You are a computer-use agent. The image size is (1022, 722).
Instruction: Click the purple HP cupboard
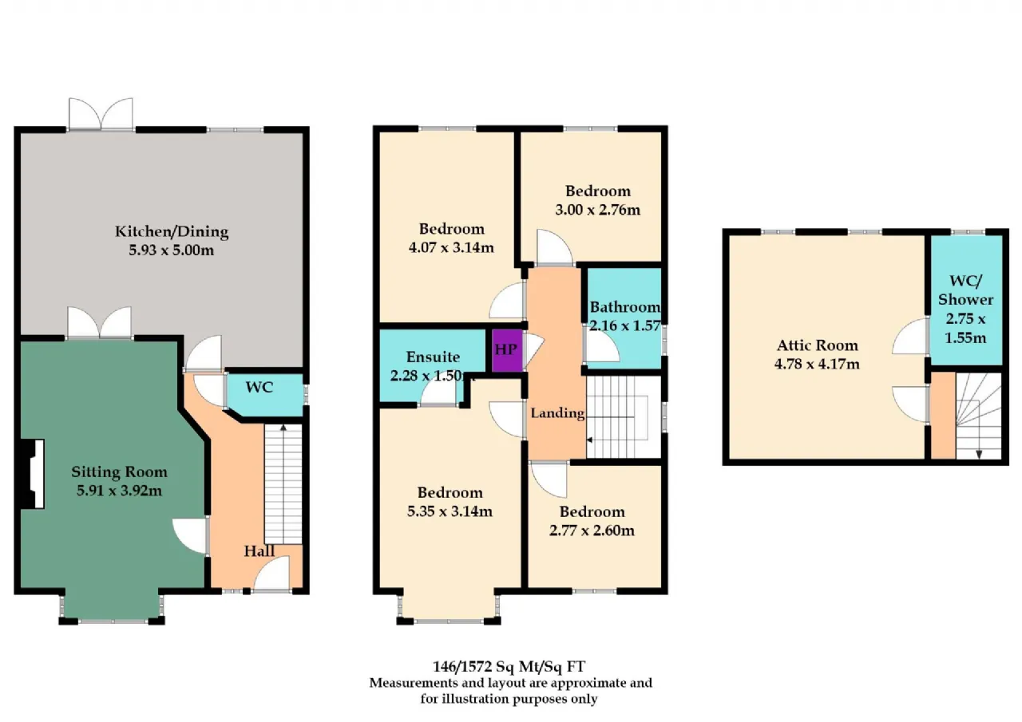click(x=507, y=350)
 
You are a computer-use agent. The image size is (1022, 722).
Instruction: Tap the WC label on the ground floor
click(x=259, y=388)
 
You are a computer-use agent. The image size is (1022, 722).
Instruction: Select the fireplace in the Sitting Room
click(x=32, y=474)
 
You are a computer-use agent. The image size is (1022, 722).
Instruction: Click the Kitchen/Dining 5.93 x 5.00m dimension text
click(x=171, y=251)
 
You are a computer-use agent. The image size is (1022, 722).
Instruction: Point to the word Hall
click(x=259, y=551)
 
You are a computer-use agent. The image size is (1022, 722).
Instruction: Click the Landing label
click(x=557, y=413)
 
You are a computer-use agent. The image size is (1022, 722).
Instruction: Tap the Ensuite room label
click(x=433, y=357)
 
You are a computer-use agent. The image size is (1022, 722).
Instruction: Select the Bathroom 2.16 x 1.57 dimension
click(x=625, y=326)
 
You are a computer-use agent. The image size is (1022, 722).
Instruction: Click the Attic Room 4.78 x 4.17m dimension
click(x=817, y=364)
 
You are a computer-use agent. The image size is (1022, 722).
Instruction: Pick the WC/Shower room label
click(x=965, y=290)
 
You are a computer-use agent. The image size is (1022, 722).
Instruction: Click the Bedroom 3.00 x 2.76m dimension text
click(x=598, y=210)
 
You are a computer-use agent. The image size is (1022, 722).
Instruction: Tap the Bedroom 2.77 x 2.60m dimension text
click(x=592, y=531)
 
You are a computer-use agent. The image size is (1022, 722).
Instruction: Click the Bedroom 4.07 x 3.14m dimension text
click(x=451, y=247)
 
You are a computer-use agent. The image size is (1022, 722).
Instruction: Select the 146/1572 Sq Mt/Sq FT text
click(x=509, y=667)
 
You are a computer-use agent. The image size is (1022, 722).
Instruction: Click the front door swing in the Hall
click(x=272, y=574)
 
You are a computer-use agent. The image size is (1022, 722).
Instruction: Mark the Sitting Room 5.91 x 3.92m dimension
click(x=119, y=491)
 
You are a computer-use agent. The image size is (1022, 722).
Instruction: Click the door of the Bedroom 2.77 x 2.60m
click(x=549, y=479)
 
